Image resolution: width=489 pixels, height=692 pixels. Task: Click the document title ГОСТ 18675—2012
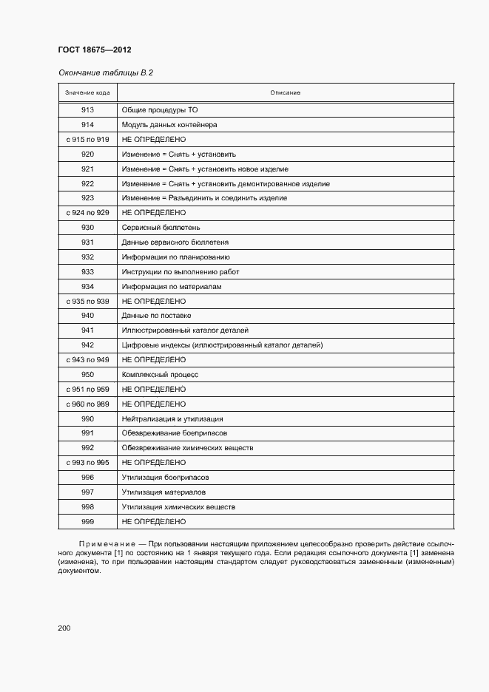point(94,50)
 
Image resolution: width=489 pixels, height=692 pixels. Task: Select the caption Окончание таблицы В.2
point(105,72)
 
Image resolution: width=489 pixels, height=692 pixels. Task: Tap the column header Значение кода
point(87,92)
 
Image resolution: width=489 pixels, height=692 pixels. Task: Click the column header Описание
point(285,92)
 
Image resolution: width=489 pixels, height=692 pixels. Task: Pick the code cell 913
point(87,110)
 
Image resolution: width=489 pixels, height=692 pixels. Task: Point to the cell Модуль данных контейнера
point(169,125)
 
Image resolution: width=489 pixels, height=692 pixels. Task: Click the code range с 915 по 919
point(87,140)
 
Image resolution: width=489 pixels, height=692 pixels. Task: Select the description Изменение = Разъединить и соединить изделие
point(204,198)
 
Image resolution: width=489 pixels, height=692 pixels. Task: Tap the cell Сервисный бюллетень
point(161,228)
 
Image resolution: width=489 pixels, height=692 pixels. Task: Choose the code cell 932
point(87,257)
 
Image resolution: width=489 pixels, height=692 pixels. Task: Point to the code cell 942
point(87,345)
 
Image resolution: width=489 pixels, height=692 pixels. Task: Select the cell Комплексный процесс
point(160,375)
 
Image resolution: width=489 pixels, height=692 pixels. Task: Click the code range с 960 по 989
point(87,404)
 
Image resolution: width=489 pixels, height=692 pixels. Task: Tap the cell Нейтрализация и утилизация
point(172,418)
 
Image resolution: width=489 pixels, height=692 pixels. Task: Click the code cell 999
point(87,521)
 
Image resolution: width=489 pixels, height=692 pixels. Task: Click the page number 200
point(64,628)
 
